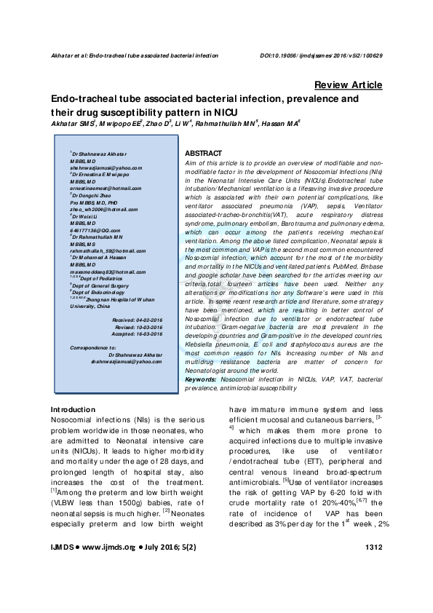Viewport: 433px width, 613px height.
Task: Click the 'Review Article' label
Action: click(349, 84)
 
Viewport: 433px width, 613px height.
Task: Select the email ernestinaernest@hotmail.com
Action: click(105, 189)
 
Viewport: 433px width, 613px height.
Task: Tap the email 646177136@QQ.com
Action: click(95, 229)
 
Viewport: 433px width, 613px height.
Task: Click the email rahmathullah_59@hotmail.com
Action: click(106, 250)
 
